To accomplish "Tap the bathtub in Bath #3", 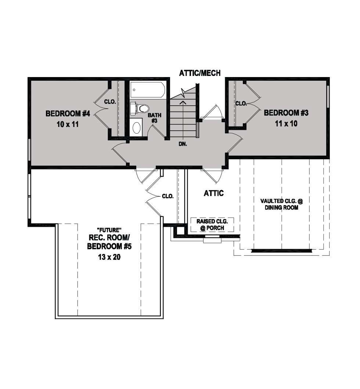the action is pyautogui.click(x=147, y=90).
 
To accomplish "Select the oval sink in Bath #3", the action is pyautogui.click(x=136, y=127).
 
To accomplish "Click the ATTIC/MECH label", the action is pyautogui.click(x=200, y=73).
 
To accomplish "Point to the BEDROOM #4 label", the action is pyautogui.click(x=68, y=113).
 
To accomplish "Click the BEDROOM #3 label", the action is pyautogui.click(x=286, y=113).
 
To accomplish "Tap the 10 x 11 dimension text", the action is pyautogui.click(x=68, y=124).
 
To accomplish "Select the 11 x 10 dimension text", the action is pyautogui.click(x=286, y=123).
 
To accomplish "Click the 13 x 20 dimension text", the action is pyautogui.click(x=109, y=257).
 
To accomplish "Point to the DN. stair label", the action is pyautogui.click(x=183, y=144).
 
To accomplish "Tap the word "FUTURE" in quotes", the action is pyautogui.click(x=109, y=230).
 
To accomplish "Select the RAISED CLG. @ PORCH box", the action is pyautogui.click(x=212, y=225).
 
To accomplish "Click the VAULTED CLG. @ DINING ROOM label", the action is pyautogui.click(x=281, y=204).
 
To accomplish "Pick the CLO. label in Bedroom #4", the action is pyautogui.click(x=110, y=102).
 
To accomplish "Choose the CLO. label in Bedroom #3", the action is pyautogui.click(x=241, y=103).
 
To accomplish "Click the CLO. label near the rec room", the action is pyautogui.click(x=168, y=196).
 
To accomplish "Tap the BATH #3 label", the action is pyautogui.click(x=154, y=118).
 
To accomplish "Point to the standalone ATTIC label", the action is pyautogui.click(x=214, y=193).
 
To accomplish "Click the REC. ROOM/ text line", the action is pyautogui.click(x=109, y=238).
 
